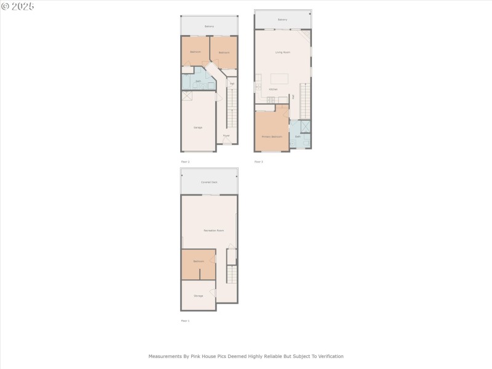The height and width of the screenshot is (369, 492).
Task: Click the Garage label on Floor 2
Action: pyautogui.click(x=198, y=127)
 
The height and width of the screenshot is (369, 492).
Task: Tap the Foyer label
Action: pyautogui.click(x=226, y=135)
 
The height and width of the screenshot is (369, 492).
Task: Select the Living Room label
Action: pyautogui.click(x=283, y=52)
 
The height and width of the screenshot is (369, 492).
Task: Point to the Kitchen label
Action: pyautogui.click(x=273, y=90)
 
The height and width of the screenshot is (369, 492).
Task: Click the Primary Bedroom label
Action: pyautogui.click(x=272, y=136)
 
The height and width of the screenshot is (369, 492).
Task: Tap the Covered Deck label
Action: pyautogui.click(x=209, y=182)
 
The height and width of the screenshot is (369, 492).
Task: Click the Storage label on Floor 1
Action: pyautogui.click(x=198, y=296)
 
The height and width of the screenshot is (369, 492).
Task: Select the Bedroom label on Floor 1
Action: pyautogui.click(x=198, y=261)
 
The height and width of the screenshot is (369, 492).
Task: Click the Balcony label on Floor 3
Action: pyautogui.click(x=282, y=20)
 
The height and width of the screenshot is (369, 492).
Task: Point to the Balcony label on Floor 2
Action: pyautogui.click(x=209, y=26)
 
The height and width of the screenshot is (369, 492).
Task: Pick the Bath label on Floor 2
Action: pyautogui.click(x=198, y=81)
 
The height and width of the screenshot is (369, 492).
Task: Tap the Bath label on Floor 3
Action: pyautogui.click(x=298, y=137)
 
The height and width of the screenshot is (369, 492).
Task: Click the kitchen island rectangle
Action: pyautogui.click(x=280, y=79)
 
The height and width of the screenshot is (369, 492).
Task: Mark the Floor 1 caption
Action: pyautogui.click(x=185, y=321)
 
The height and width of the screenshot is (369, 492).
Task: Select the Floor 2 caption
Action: pyautogui.click(x=185, y=162)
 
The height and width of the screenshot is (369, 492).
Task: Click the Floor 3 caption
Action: pyautogui.click(x=259, y=162)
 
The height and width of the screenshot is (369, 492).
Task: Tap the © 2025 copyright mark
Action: pyautogui.click(x=18, y=6)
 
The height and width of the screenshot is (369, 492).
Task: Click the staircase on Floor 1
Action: pyautogui.click(x=232, y=274)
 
